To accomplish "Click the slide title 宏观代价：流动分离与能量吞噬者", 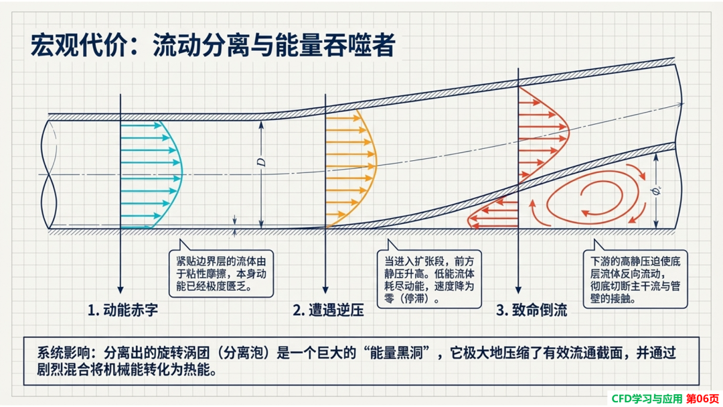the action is [x=213, y=46].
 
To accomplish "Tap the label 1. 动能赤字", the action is [x=123, y=310].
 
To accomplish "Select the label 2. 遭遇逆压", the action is [x=328, y=310].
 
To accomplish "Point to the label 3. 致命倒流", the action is [x=532, y=310].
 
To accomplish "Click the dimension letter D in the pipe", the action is [x=262, y=162].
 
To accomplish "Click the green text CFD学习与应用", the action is [x=647, y=399].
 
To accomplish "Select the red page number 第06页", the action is [x=703, y=399].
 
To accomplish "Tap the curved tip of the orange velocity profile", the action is [x=377, y=164].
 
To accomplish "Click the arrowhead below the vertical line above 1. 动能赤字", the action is [x=120, y=290].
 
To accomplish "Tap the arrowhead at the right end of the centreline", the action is [x=680, y=105].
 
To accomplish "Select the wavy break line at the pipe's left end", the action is [x=49, y=174].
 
